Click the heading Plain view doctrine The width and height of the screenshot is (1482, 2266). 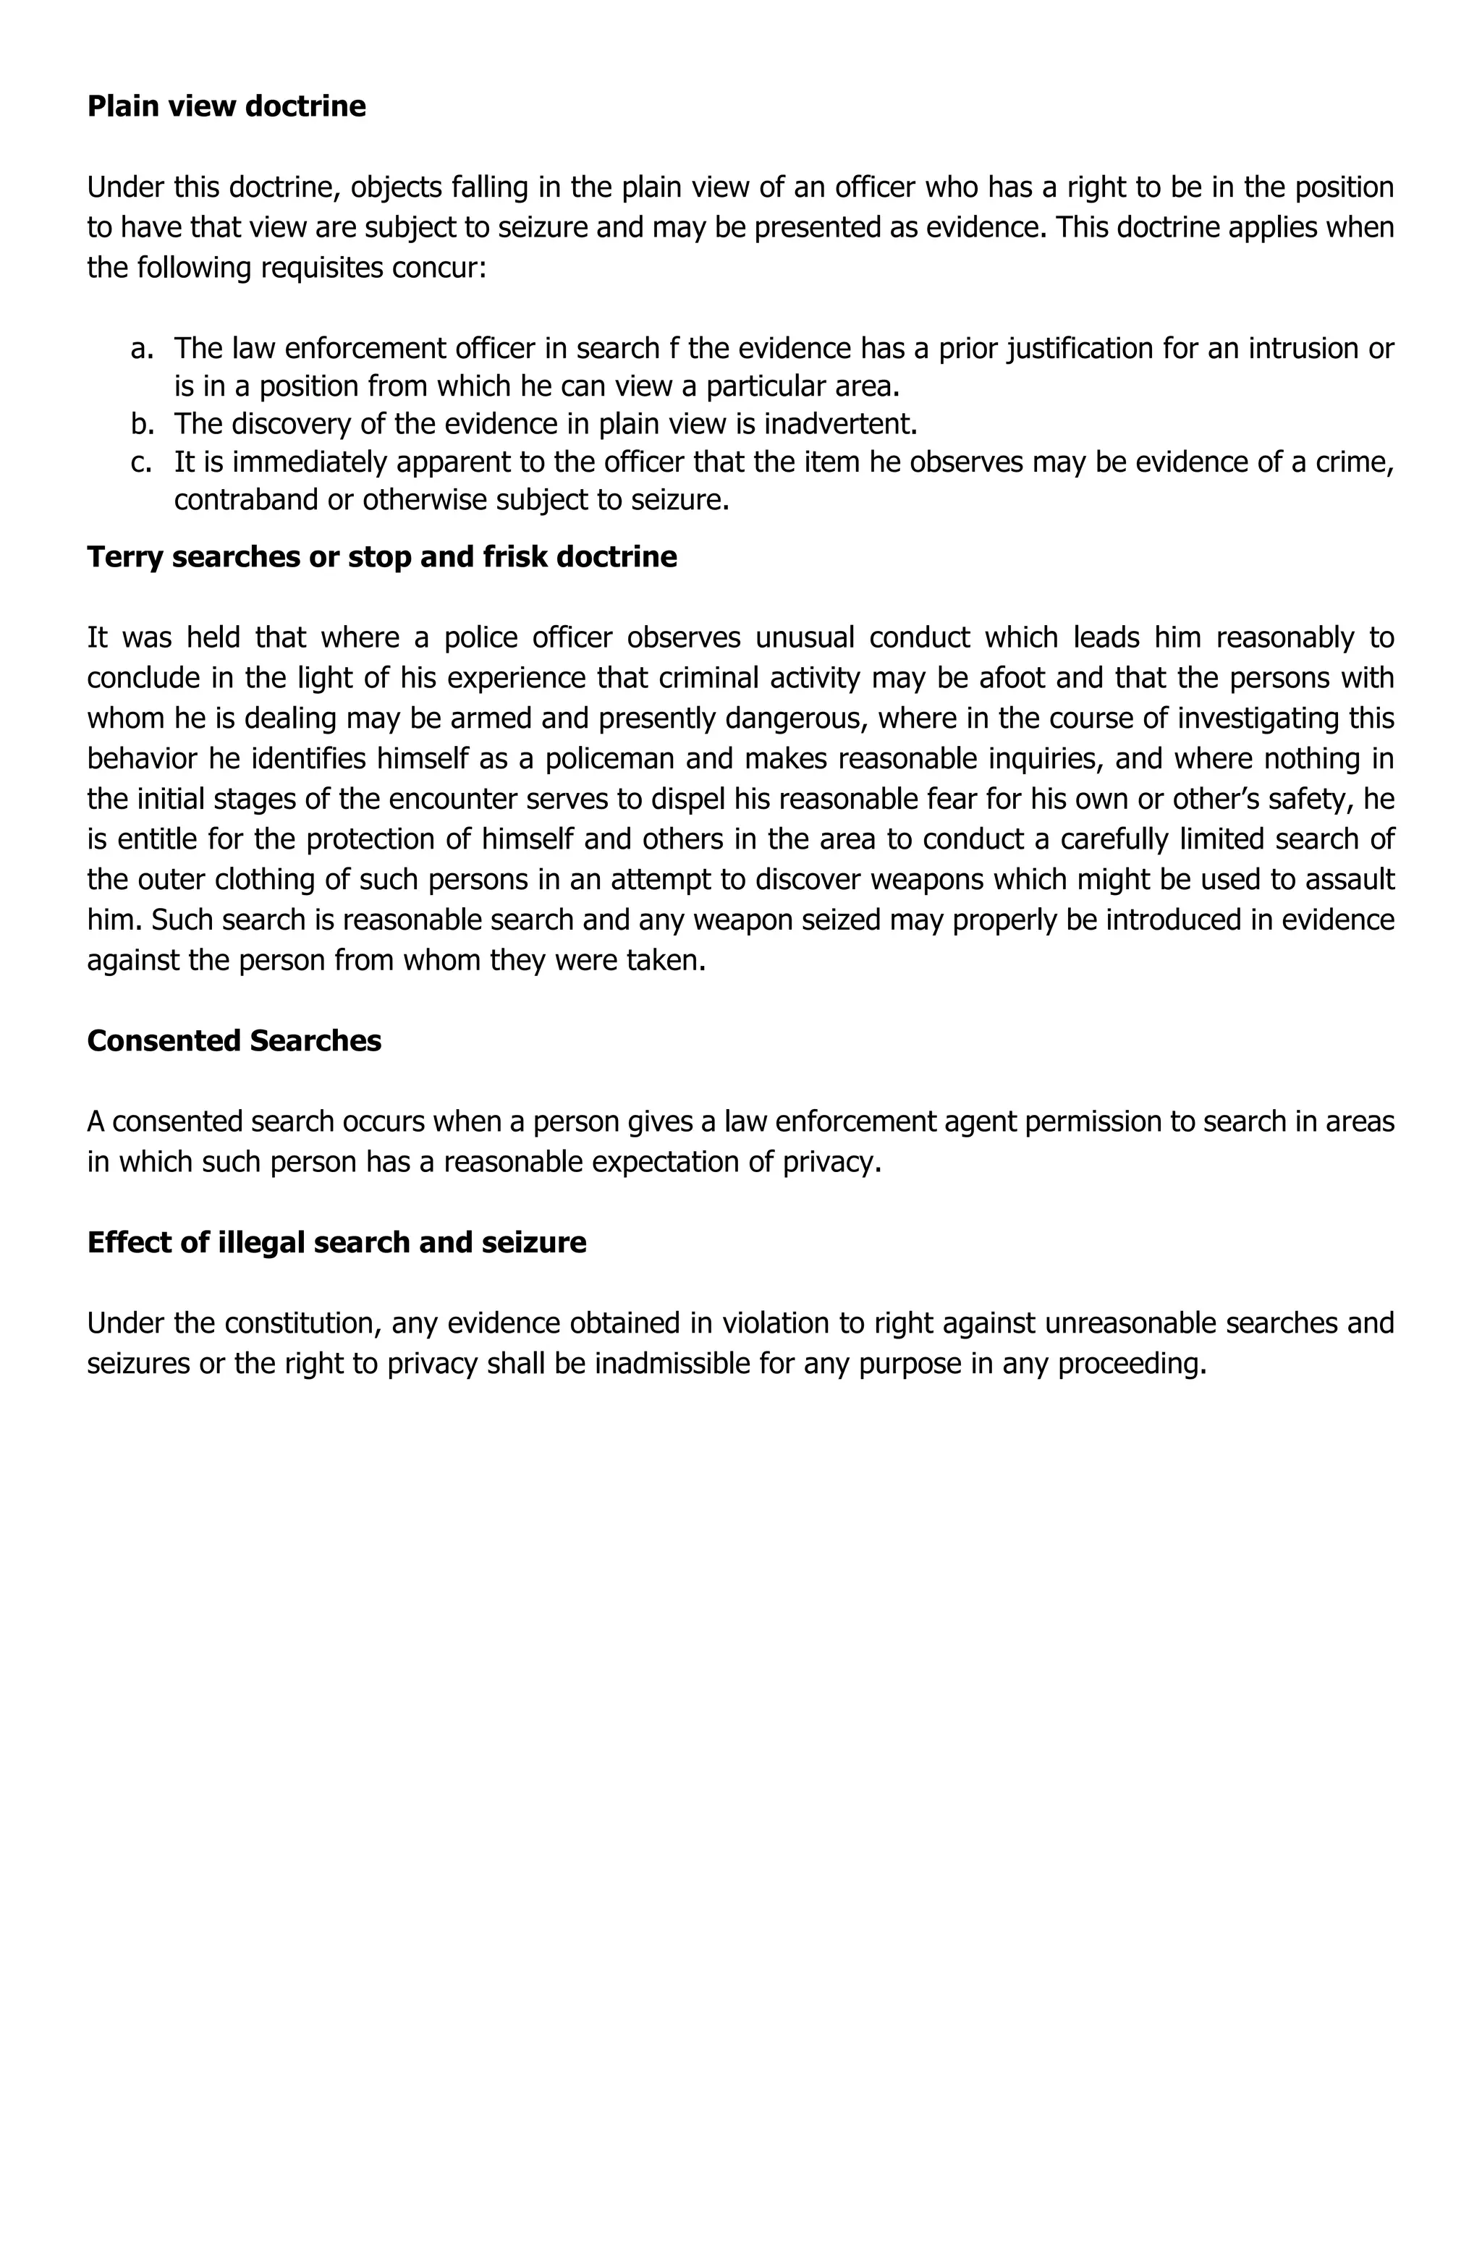click(x=226, y=106)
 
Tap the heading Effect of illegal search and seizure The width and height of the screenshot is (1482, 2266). click(x=336, y=1242)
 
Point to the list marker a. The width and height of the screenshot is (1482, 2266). click(x=141, y=349)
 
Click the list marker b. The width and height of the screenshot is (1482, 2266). click(x=141, y=424)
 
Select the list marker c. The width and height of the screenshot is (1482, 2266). click(x=141, y=462)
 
